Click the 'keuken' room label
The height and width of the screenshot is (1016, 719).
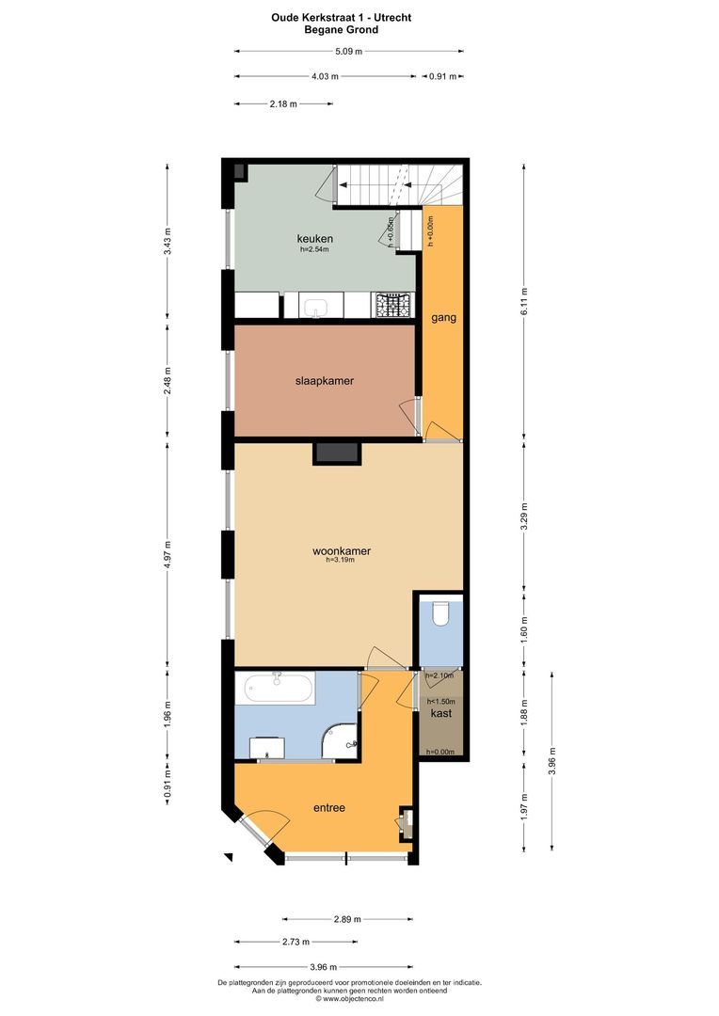tap(315, 238)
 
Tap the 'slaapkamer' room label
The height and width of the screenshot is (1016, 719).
tap(325, 380)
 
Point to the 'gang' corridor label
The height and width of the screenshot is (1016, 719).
tap(443, 317)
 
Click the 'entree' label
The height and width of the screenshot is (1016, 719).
tap(328, 807)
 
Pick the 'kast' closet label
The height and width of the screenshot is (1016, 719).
tap(440, 713)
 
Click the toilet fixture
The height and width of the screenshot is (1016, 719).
tap(439, 616)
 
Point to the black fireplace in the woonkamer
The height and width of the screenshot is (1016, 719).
tap(337, 452)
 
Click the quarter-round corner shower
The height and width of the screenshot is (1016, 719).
tap(342, 741)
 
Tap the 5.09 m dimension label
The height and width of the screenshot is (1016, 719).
tap(348, 52)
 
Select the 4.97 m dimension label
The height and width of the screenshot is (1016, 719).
tap(168, 551)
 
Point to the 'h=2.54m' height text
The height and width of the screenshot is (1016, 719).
tap(316, 249)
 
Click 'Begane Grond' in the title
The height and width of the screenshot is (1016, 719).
tap(342, 29)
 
